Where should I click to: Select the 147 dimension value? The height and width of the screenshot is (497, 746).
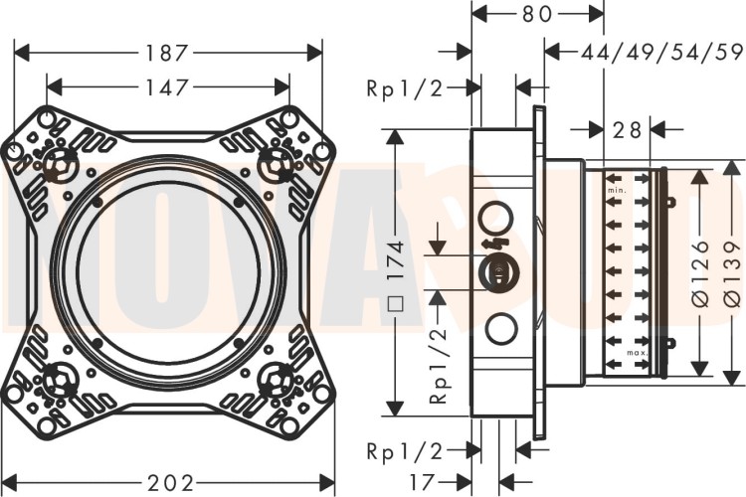pos(168,87)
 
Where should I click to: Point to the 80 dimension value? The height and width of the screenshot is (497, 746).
pos(539,15)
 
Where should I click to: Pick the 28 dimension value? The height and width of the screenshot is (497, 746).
pos(625,129)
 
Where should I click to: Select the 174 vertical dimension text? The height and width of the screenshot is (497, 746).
pos(395,261)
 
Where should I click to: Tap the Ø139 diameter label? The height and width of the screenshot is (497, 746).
pos(732,271)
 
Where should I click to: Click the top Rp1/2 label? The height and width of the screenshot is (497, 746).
pos(403,88)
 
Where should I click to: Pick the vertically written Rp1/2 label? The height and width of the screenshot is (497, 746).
pos(438,368)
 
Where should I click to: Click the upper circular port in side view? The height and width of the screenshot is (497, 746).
pos(495,217)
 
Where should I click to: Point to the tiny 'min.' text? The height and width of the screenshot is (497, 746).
pos(616,190)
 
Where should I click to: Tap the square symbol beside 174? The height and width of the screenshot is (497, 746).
pos(395,305)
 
